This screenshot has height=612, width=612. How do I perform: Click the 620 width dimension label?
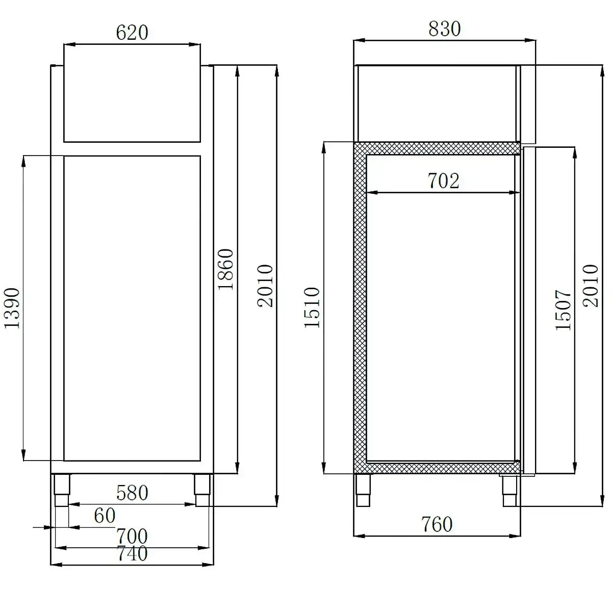click(132, 33)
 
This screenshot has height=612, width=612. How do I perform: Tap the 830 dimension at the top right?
click(444, 29)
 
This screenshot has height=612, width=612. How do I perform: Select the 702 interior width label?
click(443, 181)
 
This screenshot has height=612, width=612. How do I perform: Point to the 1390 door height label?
click(12, 308)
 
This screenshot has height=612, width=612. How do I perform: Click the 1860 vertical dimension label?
click(225, 269)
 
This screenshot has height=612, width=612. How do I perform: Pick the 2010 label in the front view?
click(265, 286)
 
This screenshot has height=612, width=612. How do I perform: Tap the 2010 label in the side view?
click(591, 286)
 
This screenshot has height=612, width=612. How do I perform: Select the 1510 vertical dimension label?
click(312, 308)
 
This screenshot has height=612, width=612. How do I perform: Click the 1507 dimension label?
click(564, 310)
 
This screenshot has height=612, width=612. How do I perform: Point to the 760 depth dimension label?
click(437, 524)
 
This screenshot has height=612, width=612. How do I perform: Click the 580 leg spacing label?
click(132, 493)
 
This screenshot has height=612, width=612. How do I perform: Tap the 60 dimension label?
click(105, 516)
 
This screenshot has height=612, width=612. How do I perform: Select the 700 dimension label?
click(132, 536)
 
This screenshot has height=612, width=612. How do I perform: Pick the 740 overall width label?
click(132, 553)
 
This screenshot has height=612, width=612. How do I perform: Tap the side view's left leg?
click(363, 490)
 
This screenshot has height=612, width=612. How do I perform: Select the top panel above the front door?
click(132, 104)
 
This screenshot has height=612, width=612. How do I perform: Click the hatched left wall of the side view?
click(360, 306)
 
